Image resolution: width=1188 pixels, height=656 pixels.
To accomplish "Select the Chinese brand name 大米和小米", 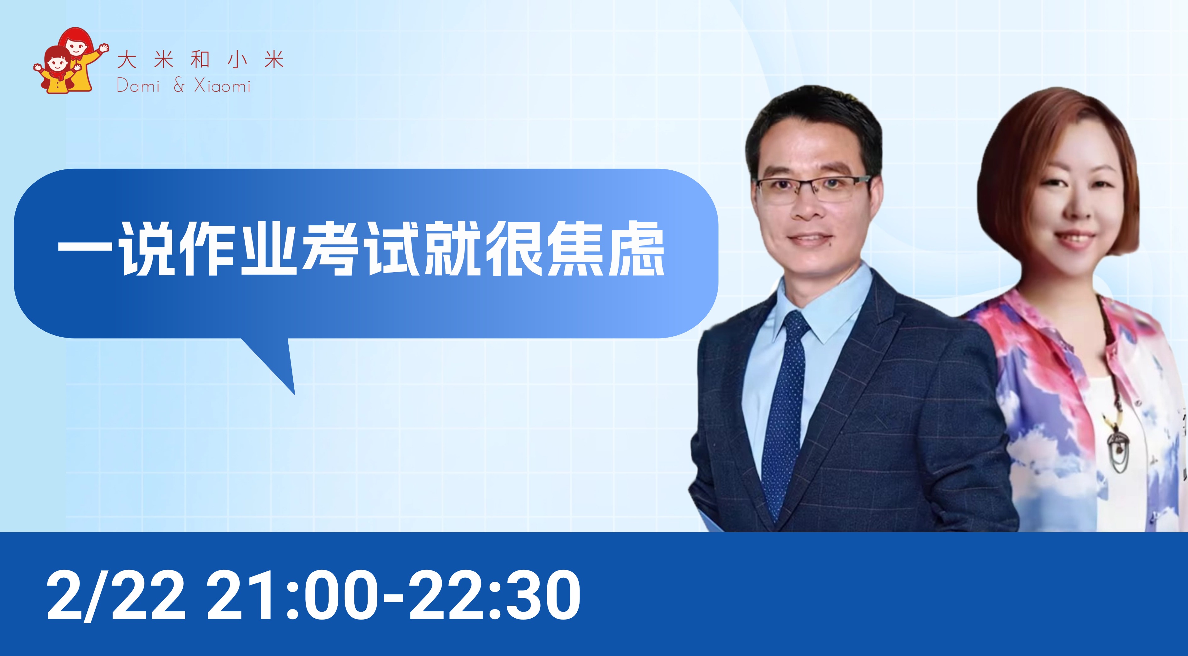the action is [200, 60].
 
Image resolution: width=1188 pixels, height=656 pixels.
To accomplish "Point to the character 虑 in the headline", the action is [636, 252].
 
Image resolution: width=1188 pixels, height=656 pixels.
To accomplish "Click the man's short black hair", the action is [814, 124].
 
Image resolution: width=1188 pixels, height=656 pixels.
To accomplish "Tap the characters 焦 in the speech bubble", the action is [575, 252].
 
